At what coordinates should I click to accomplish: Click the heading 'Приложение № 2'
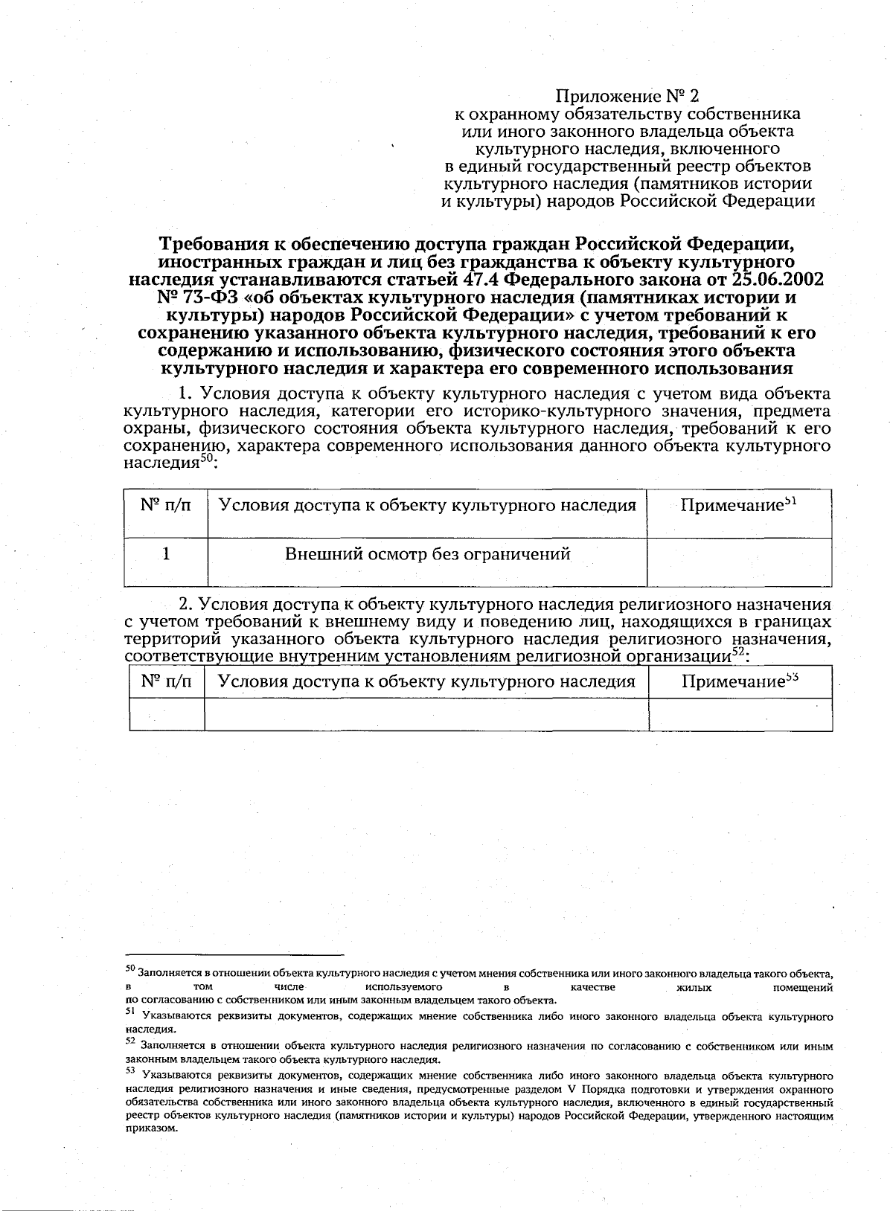(x=629, y=95)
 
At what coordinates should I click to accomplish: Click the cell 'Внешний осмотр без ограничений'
(x=427, y=554)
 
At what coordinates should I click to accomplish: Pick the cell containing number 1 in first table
(x=167, y=554)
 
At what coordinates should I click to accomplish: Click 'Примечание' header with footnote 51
(x=739, y=505)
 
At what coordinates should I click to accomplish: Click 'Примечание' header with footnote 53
(x=740, y=681)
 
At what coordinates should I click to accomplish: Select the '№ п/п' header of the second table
(x=167, y=681)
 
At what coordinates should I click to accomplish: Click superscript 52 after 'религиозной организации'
(x=737, y=652)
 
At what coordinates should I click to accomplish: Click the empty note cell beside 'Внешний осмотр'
(x=739, y=562)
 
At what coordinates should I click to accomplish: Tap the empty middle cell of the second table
(x=426, y=714)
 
